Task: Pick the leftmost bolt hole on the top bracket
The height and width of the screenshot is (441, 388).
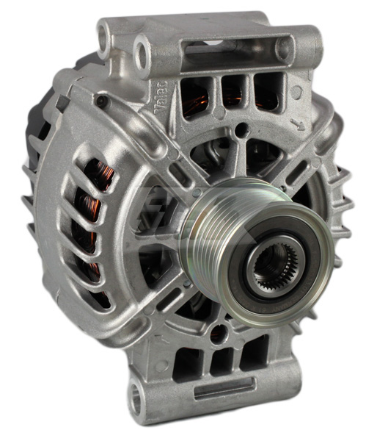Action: click(103, 32)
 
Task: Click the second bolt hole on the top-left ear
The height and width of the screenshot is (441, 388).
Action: click(141, 49)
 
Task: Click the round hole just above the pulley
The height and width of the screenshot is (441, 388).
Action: click(239, 131)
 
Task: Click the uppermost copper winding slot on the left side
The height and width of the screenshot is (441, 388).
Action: click(93, 175)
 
